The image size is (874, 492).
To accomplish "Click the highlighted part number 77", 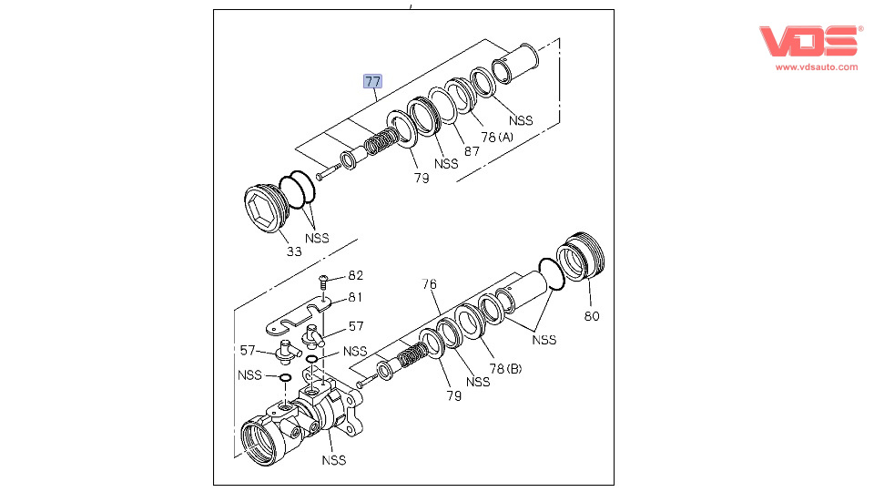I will [x=373, y=81].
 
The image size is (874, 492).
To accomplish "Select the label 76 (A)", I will [x=497, y=137].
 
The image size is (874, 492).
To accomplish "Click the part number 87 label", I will [x=471, y=151].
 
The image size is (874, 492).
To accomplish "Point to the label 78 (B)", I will [x=506, y=369].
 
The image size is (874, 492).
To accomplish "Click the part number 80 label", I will [x=592, y=317].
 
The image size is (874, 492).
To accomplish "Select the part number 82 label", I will [x=355, y=275].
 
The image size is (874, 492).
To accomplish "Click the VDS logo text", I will [x=808, y=41].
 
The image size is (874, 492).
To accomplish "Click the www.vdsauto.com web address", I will [x=816, y=67].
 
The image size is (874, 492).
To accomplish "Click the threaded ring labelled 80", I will [x=580, y=258].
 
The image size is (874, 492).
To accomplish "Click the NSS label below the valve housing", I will [x=333, y=460].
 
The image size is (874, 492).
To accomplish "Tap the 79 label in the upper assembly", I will [x=421, y=178].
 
